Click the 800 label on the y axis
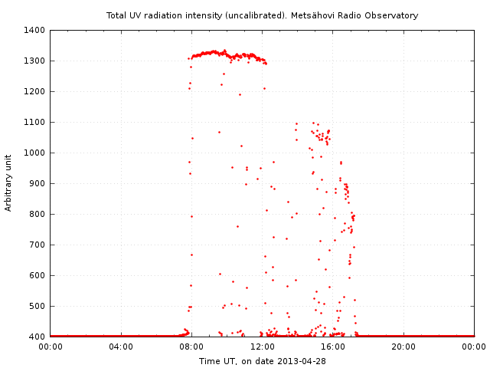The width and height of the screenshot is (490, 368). click(38, 215)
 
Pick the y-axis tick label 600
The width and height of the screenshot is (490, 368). click(38, 276)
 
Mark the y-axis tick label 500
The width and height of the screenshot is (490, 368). click(38, 307)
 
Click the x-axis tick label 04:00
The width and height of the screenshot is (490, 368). click(121, 347)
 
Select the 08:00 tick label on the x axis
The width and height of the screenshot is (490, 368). click(191, 347)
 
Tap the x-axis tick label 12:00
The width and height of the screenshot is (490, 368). click(263, 347)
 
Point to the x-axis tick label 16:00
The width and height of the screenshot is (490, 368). click(333, 347)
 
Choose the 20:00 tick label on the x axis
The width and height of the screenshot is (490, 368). click(403, 347)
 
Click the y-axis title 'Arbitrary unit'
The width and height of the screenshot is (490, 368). click(9, 183)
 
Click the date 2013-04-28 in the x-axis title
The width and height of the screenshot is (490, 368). click(303, 361)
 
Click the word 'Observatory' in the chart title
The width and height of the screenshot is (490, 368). click(392, 15)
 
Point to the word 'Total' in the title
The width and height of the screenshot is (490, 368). click(116, 15)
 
